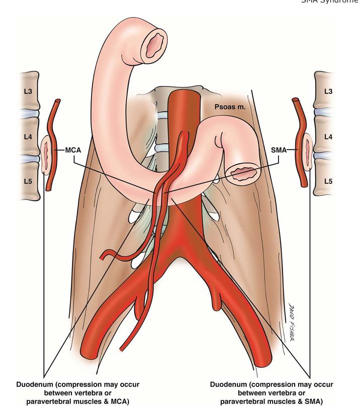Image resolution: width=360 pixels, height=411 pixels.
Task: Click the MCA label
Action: coord(74,150)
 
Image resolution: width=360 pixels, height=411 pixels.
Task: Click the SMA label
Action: coord(282,150)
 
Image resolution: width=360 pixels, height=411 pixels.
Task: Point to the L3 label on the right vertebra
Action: coord(328,91)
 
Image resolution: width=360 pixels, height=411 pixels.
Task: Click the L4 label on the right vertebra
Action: coord(328,137)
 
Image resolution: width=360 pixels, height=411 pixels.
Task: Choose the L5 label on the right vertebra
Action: coord(328,179)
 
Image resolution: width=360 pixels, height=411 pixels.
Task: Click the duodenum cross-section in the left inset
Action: coord(46,153)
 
